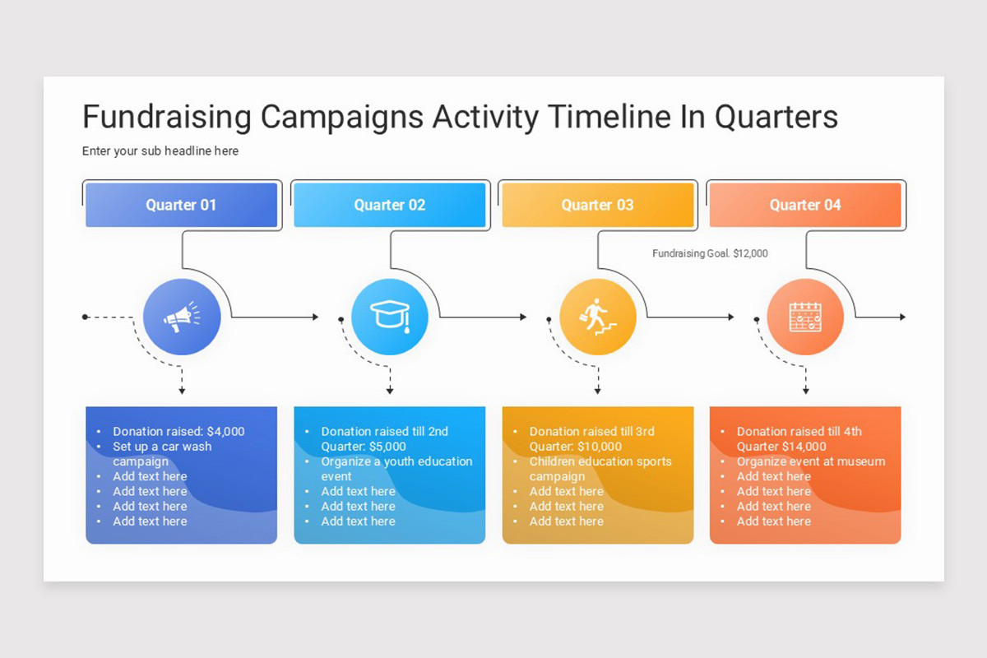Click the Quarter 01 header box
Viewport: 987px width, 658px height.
[181, 205]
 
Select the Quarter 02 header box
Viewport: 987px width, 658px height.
[389, 205]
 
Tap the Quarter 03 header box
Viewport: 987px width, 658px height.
[597, 205]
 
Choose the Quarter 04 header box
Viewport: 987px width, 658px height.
[805, 205]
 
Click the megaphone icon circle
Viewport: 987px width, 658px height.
[182, 317]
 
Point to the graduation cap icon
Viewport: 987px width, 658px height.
[390, 317]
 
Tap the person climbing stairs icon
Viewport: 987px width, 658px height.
[598, 317]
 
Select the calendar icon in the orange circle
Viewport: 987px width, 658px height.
[805, 317]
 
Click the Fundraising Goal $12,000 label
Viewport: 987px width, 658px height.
[710, 253]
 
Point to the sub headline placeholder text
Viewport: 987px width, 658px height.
[160, 151]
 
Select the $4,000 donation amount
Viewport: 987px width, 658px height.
[225, 432]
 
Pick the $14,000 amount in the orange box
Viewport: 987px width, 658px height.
[804, 447]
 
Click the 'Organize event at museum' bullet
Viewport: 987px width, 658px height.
[810, 461]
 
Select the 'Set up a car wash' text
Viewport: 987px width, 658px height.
[162, 447]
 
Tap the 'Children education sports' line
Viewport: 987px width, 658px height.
[600, 461]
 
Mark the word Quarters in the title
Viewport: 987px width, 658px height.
[776, 117]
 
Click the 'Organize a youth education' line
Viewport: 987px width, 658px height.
[396, 461]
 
